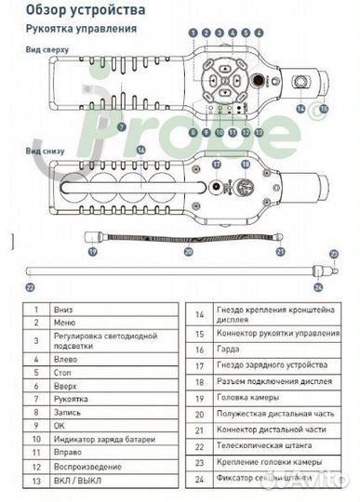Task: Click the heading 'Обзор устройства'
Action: coord(85,10)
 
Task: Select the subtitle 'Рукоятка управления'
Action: coord(82,28)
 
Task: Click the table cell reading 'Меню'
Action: coord(64,321)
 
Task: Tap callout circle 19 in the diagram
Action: coord(91,251)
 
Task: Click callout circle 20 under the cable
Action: coord(188,251)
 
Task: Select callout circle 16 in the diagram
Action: coord(140,149)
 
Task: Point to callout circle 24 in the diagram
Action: coord(331,286)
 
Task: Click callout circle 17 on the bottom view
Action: coord(215,163)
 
